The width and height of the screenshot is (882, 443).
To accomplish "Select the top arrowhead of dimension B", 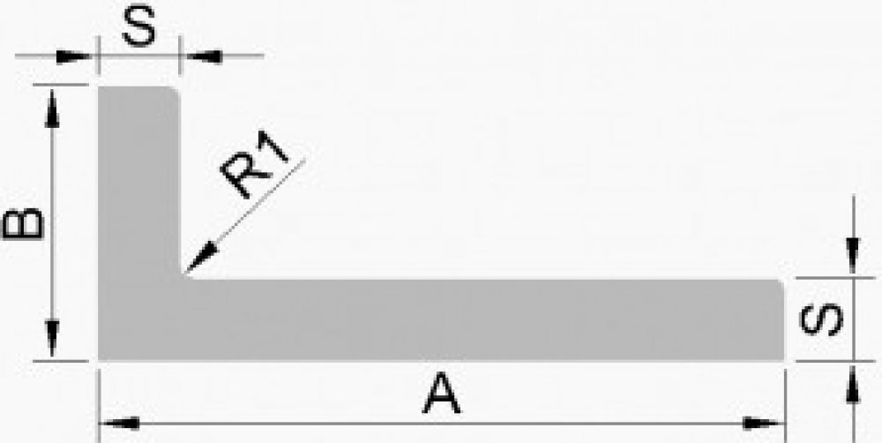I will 53,101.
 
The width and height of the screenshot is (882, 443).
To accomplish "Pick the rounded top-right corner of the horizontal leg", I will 780,284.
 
